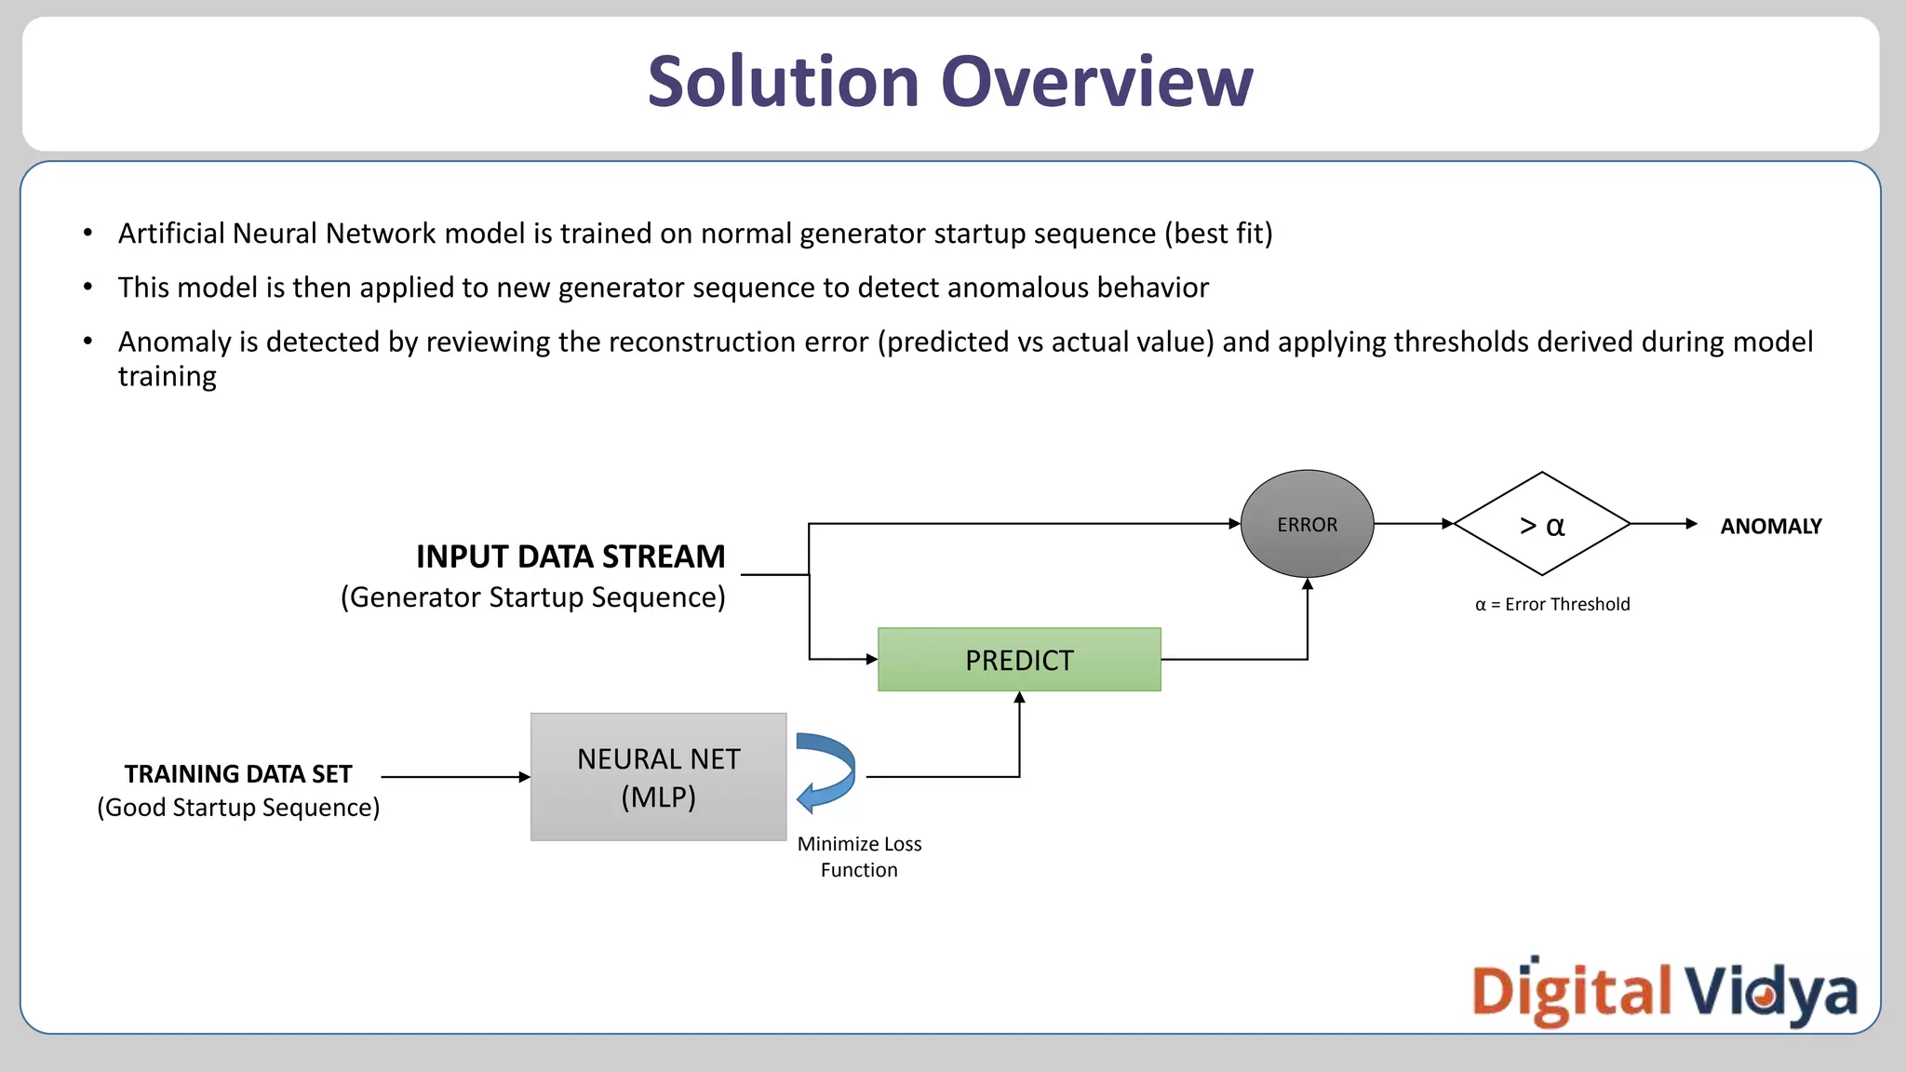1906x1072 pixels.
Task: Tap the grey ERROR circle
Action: (x=1307, y=524)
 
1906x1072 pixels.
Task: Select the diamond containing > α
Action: (x=1541, y=525)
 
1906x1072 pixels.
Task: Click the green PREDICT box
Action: (x=1019, y=660)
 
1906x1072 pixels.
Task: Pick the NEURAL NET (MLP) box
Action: (x=658, y=777)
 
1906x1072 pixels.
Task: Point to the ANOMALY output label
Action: (x=1770, y=527)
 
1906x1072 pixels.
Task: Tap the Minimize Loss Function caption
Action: (x=859, y=857)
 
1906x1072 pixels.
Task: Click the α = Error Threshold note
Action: (x=1552, y=605)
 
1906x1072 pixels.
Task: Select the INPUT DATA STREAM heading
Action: (x=570, y=556)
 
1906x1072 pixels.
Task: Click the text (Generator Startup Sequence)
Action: (x=532, y=597)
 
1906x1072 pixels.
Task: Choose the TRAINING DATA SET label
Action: (x=238, y=774)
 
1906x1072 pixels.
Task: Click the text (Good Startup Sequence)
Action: (x=238, y=808)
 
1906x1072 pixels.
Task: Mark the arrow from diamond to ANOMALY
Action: (x=1663, y=524)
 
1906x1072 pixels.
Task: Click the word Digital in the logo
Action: (x=1571, y=992)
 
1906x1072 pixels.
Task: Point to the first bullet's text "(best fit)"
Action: (x=1218, y=234)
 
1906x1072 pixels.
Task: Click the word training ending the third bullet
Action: (x=168, y=377)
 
